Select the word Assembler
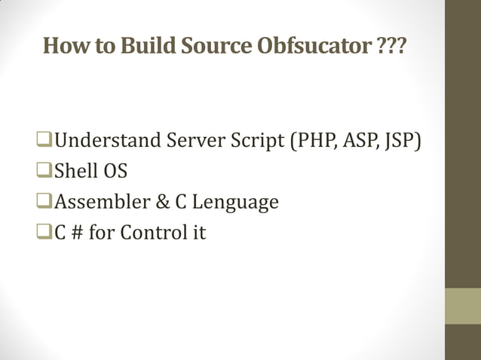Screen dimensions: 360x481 pyautogui.click(x=101, y=203)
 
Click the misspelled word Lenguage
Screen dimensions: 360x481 pyautogui.click(x=235, y=203)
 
